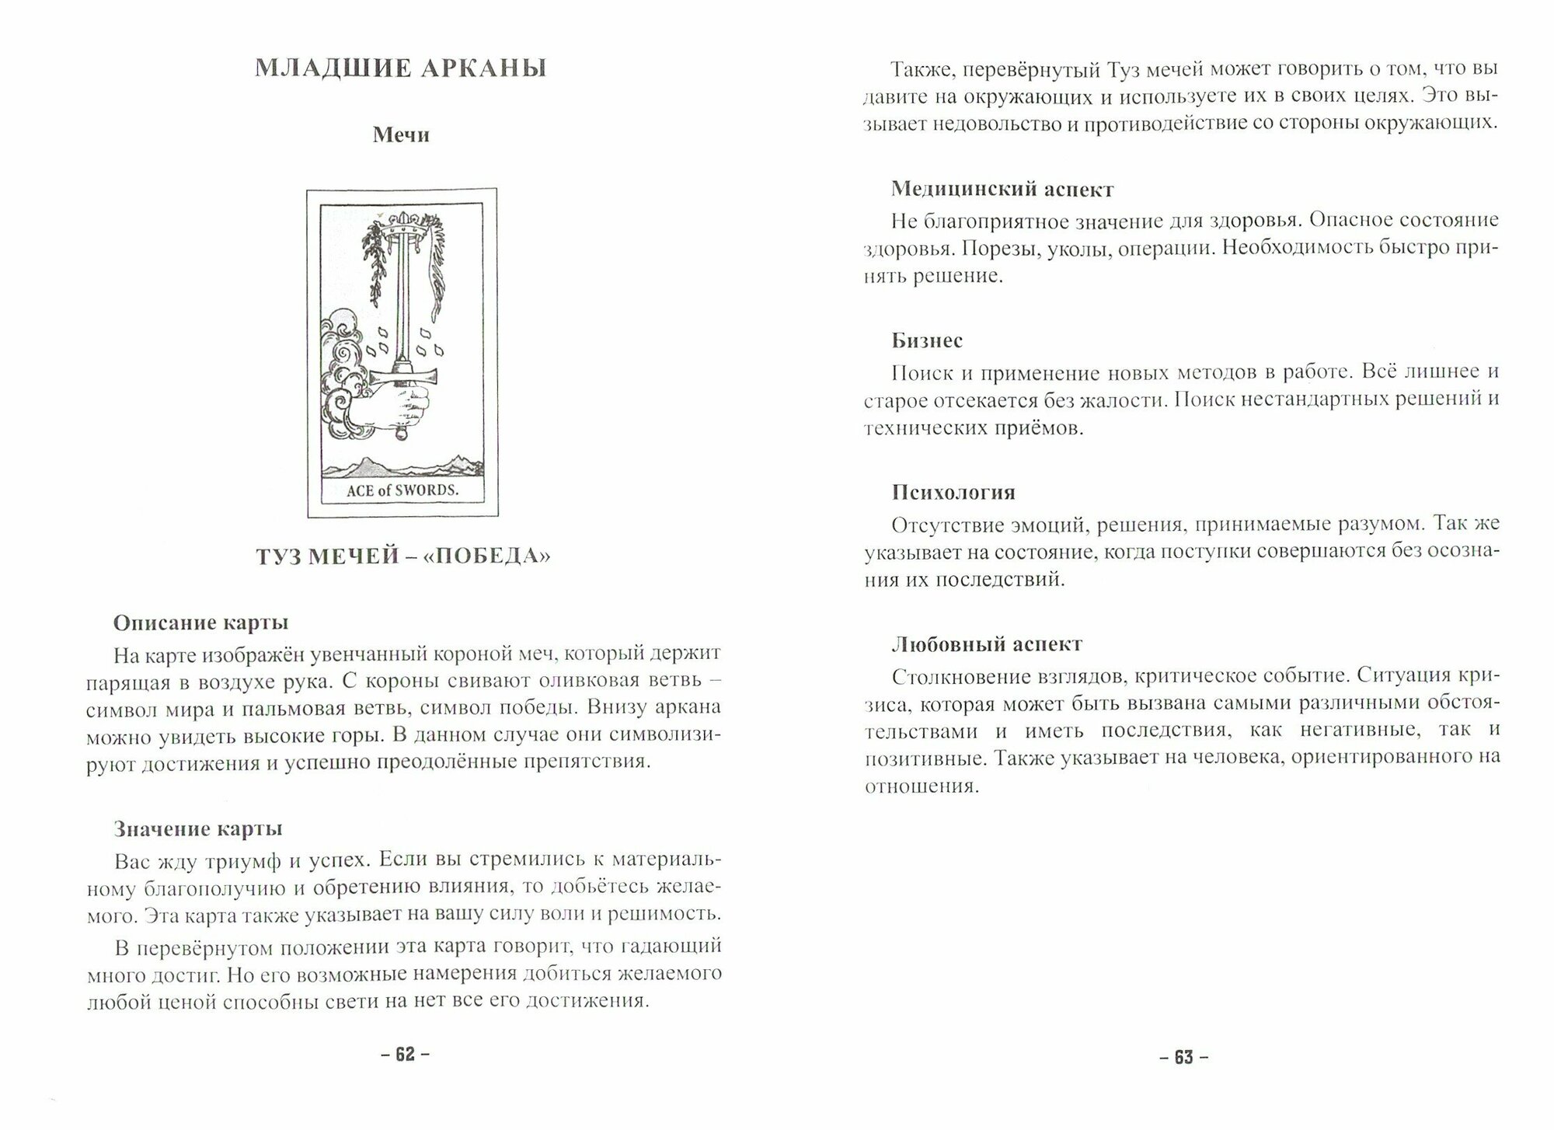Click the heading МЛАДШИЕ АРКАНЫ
(x=401, y=69)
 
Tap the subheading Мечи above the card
(x=401, y=135)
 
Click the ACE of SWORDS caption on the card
(x=402, y=490)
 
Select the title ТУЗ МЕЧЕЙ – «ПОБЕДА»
(x=402, y=556)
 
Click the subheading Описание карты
(x=200, y=623)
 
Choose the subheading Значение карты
(x=198, y=828)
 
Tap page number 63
(x=1183, y=1057)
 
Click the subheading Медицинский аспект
(x=1002, y=189)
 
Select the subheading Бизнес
(x=927, y=340)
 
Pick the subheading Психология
(x=953, y=493)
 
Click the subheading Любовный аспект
(x=987, y=644)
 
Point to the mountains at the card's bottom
(x=402, y=466)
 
